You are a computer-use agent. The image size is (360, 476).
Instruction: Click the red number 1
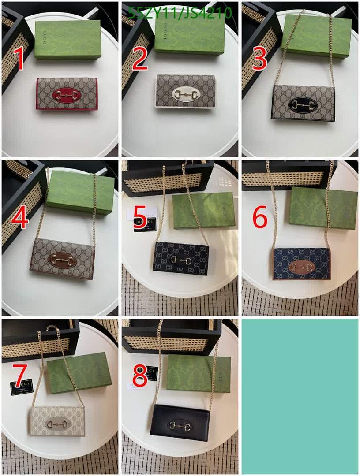(19, 60)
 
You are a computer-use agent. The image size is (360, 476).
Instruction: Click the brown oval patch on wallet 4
(62, 260)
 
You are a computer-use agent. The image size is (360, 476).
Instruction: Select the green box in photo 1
(67, 40)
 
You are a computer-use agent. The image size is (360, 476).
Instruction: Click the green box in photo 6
(323, 208)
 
